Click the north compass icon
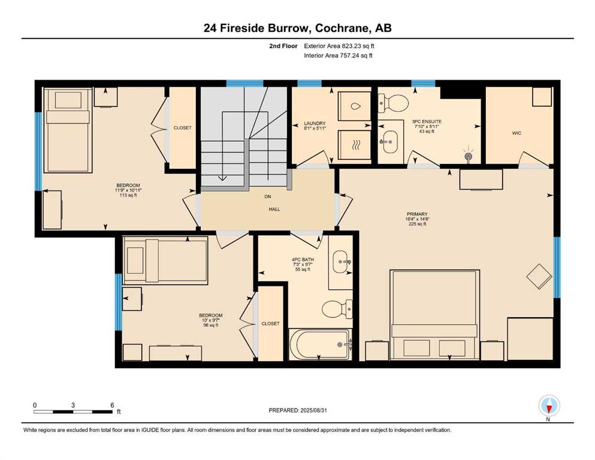[x=549, y=405]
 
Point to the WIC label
[x=517, y=133]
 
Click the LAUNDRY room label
[x=315, y=123]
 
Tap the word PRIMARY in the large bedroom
[x=417, y=214]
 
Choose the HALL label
[x=274, y=209]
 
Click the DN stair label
[x=268, y=197]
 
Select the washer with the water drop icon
[x=354, y=106]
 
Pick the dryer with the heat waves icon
[x=354, y=145]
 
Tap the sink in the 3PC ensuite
[x=388, y=142]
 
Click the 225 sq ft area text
[x=416, y=224]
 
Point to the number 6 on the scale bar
[x=112, y=405]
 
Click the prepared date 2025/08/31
[x=313, y=410]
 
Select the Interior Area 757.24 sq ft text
[x=338, y=55]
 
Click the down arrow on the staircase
[x=222, y=178]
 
